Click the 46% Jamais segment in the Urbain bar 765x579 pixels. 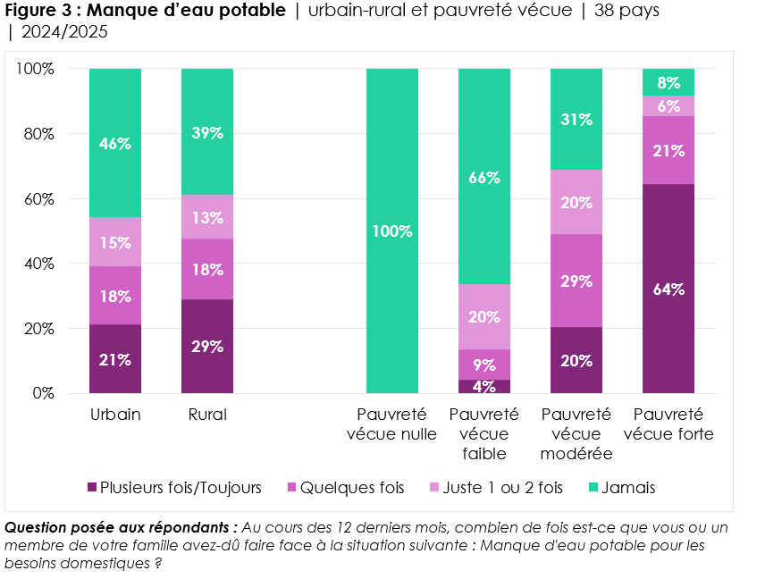[x=115, y=143]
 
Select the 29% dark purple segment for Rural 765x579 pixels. [x=206, y=346]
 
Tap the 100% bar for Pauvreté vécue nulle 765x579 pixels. [x=392, y=231]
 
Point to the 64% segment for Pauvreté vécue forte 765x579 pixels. [x=668, y=289]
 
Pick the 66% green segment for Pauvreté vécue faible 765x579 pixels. [x=484, y=177]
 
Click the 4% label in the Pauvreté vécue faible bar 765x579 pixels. [x=484, y=387]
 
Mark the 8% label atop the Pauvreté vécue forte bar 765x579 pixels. [x=668, y=83]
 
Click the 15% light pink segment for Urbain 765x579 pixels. [x=115, y=242]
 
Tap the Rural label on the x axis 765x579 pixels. [x=207, y=415]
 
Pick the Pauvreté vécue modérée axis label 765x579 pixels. [x=576, y=434]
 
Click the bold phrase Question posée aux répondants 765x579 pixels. [x=121, y=528]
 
